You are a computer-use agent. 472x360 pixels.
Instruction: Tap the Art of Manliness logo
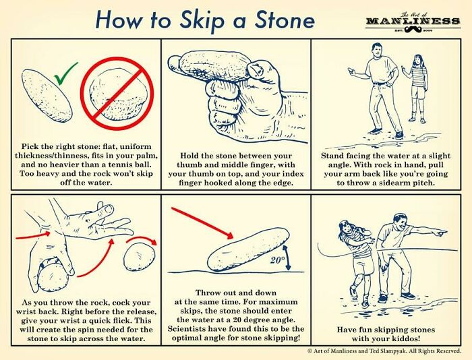click(x=412, y=23)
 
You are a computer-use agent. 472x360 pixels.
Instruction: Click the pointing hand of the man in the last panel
click(x=436, y=232)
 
